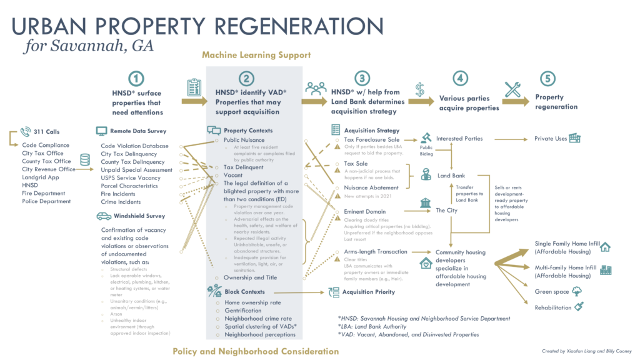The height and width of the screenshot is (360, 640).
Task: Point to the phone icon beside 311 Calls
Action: [x=26, y=131]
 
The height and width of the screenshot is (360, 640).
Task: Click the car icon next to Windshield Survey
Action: [x=103, y=216]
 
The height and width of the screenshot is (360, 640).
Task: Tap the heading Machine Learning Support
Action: [x=256, y=55]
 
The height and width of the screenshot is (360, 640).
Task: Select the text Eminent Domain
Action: [x=364, y=212]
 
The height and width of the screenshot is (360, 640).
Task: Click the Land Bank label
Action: [x=451, y=176]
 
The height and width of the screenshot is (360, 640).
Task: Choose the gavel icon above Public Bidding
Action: [x=427, y=137]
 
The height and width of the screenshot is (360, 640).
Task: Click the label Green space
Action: [x=552, y=292]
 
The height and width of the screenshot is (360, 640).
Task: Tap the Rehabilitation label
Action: [x=553, y=307]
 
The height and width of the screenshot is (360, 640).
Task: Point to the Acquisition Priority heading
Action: [x=368, y=292]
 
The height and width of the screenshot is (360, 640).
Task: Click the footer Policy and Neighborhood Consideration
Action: [x=256, y=351]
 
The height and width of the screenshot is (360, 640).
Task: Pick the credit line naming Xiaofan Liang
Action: [x=587, y=352]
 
